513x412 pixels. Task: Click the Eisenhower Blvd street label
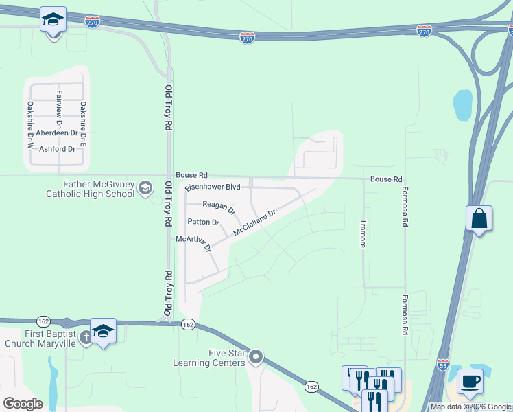click(x=213, y=187)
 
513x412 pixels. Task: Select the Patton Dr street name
click(x=203, y=222)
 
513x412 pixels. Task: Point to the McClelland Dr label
click(x=254, y=223)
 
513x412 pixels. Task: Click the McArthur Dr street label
click(x=193, y=242)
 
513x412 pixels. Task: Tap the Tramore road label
click(x=363, y=233)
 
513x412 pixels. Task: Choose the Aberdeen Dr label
click(x=58, y=133)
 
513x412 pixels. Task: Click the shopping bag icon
click(x=479, y=219)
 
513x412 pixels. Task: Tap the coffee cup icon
click(x=470, y=381)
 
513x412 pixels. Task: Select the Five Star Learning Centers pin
click(x=256, y=356)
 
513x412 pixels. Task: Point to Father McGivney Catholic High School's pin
click(x=145, y=187)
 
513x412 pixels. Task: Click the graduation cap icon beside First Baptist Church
click(x=103, y=332)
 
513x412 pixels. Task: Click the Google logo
click(x=23, y=403)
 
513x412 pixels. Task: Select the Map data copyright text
click(x=470, y=407)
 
